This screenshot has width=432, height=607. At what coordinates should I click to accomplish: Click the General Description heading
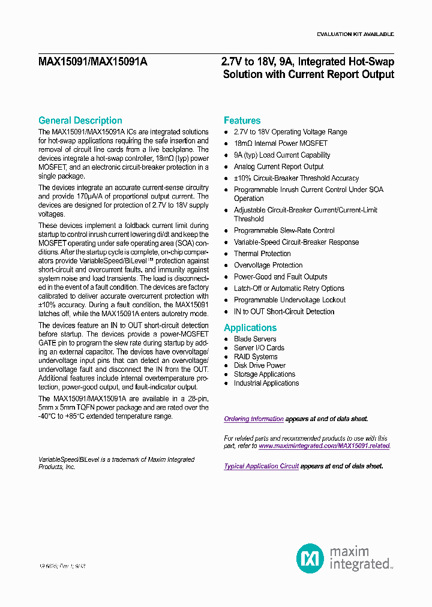coord(80,121)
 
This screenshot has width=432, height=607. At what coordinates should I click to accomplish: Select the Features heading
coord(242,121)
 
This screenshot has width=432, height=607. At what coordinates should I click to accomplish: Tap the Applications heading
coord(250,327)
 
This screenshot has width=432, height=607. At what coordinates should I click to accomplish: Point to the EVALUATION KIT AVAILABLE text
coord(355,34)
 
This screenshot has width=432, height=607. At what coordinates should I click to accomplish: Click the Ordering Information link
coord(253,419)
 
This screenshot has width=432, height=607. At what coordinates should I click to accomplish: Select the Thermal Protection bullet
coord(262,254)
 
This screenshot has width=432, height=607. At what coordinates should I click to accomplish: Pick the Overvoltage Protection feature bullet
coord(268,265)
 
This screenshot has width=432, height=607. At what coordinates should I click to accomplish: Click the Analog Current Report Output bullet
coord(278,167)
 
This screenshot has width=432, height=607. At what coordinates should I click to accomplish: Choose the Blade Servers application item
coord(255,339)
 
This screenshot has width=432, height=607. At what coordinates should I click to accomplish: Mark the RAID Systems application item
coord(256,356)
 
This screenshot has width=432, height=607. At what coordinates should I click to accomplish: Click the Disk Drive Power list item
coord(259,365)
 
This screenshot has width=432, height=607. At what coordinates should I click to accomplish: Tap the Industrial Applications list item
coord(266,383)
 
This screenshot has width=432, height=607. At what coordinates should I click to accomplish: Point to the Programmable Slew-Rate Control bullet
coord(284,230)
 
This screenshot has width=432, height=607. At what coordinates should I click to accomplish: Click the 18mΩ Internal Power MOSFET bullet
coord(280,143)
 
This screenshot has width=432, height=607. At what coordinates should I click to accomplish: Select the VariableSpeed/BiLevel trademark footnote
coord(116,462)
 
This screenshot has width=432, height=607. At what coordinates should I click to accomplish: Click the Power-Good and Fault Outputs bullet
coord(280,277)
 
